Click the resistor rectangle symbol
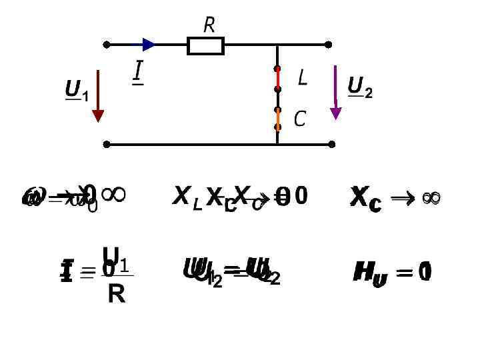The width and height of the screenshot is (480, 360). coord(205,45)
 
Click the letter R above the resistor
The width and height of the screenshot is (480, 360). coord(209,26)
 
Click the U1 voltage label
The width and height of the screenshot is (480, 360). coord(75,90)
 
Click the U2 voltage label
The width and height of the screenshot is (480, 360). coord(359,87)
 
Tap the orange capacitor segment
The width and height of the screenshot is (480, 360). coord(277,118)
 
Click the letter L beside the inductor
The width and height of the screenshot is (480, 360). coord(302,79)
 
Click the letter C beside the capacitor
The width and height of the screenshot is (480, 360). coord(299,119)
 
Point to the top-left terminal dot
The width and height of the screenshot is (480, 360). coord(107,45)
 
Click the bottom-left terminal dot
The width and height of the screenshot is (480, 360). coord(107,143)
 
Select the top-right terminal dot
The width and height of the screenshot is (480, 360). coord(328,45)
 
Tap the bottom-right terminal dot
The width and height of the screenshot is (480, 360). coord(328,143)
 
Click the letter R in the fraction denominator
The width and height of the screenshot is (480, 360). coord(116,294)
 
